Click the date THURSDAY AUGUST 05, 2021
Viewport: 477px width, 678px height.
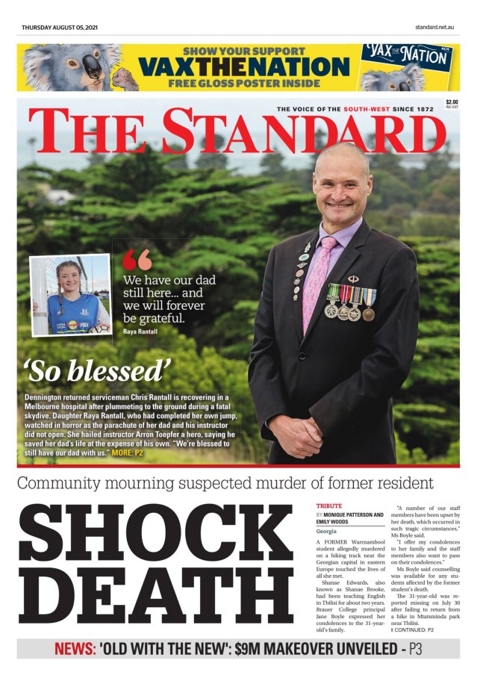[60, 28]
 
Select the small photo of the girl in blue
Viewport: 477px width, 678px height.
[71, 295]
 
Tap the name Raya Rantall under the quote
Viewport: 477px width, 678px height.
[141, 330]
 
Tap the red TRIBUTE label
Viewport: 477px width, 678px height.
[329, 506]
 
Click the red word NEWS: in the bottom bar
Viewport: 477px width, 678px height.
[75, 649]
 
